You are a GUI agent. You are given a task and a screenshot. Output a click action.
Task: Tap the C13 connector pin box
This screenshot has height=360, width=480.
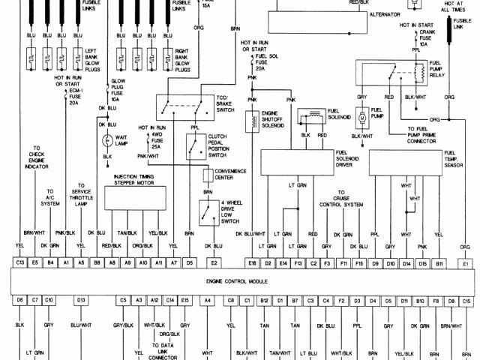(x=19, y=263)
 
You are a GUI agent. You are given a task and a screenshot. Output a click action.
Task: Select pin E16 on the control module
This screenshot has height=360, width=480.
(x=252, y=263)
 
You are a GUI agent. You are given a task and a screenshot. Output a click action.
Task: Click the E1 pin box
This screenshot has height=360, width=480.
(x=466, y=263)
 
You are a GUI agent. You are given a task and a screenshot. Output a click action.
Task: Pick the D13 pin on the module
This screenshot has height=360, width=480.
(x=79, y=300)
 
